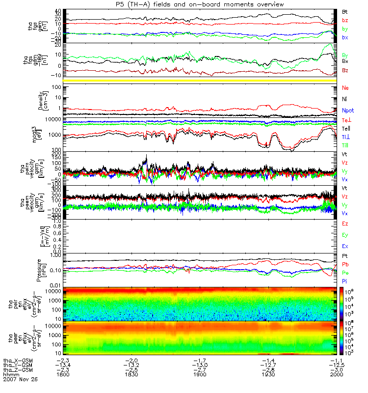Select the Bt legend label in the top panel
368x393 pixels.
click(345, 11)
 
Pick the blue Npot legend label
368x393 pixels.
click(347, 111)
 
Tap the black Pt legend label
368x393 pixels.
click(345, 256)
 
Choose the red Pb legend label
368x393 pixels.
click(345, 265)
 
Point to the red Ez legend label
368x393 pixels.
click(345, 224)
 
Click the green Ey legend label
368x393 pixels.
click(345, 235)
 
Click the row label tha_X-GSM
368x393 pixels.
click(17, 360)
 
